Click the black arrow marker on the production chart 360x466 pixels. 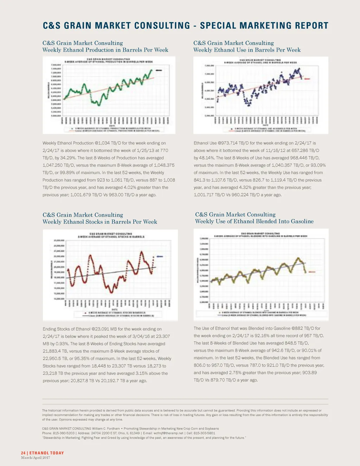pyautogui.click(x=159, y=70)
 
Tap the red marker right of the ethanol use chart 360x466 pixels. pyautogui.click(x=307, y=79)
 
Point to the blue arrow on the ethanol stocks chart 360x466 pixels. pyautogui.click(x=160, y=257)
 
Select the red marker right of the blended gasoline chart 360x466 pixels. pyautogui.click(x=312, y=272)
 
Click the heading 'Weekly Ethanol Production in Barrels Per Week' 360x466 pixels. pyautogui.click(x=105, y=50)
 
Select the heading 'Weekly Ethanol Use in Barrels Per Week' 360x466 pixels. pyautogui.click(x=247, y=50)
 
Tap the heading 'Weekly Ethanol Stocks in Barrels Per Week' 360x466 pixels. pyautogui.click(x=99, y=222)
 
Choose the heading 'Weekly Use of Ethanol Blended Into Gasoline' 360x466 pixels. pyautogui.click(x=254, y=222)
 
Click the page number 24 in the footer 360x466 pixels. pyautogui.click(x=23, y=453)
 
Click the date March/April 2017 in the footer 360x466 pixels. pyautogui.click(x=36, y=458)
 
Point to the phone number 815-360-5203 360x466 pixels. pyautogui.click(x=63, y=433)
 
